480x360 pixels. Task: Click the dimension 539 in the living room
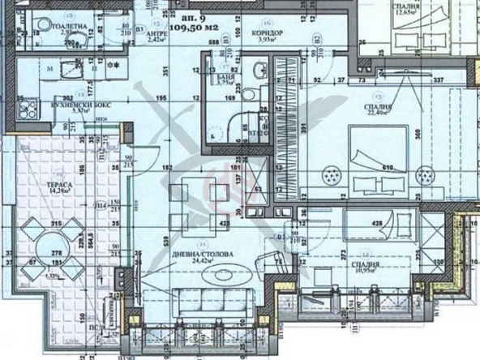click(166, 241)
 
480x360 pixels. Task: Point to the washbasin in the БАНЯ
click(255, 74)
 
